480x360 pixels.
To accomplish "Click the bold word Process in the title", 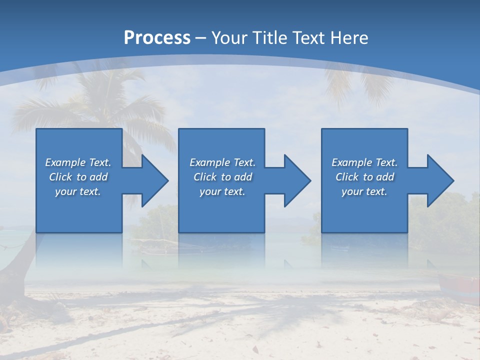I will [157, 38].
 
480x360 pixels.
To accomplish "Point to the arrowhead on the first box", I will [153, 180].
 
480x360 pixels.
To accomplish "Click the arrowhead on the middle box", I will [295, 180].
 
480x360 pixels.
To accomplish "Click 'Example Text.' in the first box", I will [78, 162].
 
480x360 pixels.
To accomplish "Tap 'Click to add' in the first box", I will [78, 177].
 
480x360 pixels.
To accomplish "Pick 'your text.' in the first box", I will [78, 191].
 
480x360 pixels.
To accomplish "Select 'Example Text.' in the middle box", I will [222, 162].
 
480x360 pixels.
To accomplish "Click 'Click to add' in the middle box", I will [222, 177].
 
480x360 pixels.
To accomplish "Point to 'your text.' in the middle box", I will [222, 191].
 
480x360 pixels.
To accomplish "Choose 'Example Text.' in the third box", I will [364, 162].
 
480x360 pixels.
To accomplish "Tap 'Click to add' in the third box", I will [364, 177].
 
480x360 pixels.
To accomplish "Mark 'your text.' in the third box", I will [364, 191].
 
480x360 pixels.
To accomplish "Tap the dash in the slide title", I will [201, 38].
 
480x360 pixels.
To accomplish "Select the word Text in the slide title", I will [308, 38].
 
